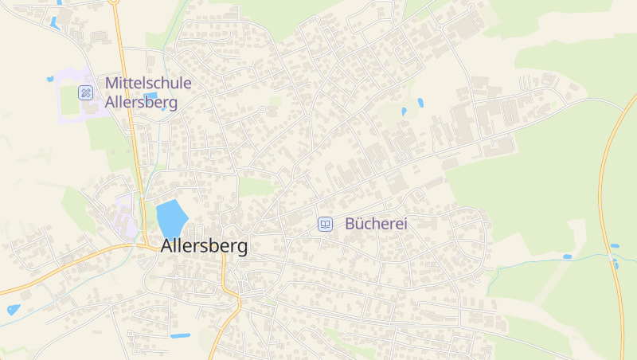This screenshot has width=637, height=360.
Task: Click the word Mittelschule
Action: pyautogui.click(x=147, y=82)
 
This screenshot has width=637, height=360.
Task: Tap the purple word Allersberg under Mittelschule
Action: pyautogui.click(x=142, y=103)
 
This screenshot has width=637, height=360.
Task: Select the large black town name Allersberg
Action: pyautogui.click(x=204, y=246)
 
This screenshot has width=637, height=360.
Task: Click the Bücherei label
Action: pyautogui.click(x=376, y=225)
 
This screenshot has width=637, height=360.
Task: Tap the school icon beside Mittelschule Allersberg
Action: pyautogui.click(x=85, y=92)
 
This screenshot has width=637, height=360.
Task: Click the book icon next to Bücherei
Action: pyautogui.click(x=325, y=225)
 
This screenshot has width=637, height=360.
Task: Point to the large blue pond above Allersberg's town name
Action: pyautogui.click(x=171, y=218)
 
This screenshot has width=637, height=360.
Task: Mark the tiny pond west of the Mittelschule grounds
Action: pyautogui.click(x=50, y=80)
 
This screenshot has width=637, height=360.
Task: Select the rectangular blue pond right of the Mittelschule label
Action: pyautogui.click(x=150, y=96)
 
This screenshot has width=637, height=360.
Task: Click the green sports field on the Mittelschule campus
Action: pyautogui.click(x=70, y=100)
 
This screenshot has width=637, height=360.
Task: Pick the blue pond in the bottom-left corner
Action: pyautogui.click(x=13, y=309)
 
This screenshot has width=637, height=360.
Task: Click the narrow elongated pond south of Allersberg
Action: pyautogui.click(x=180, y=335)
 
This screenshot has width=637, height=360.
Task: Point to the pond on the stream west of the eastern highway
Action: pyautogui.click(x=567, y=257)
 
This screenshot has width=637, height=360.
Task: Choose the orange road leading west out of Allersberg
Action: pyautogui.click(x=64, y=264)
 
